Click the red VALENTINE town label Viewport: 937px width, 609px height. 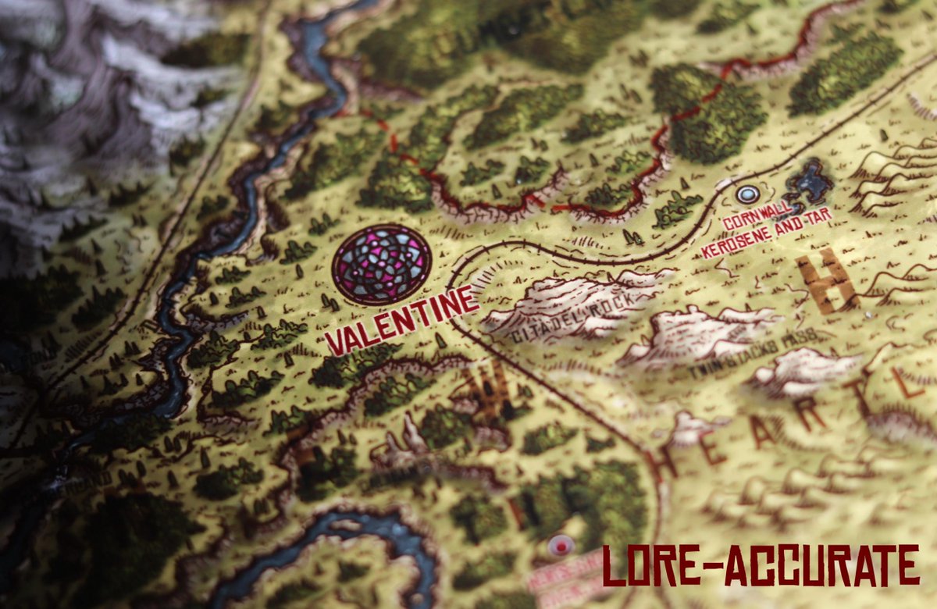401,320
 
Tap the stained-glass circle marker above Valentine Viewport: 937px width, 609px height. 381,264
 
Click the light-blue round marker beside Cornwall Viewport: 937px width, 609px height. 748,194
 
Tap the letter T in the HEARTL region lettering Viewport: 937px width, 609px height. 864,399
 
